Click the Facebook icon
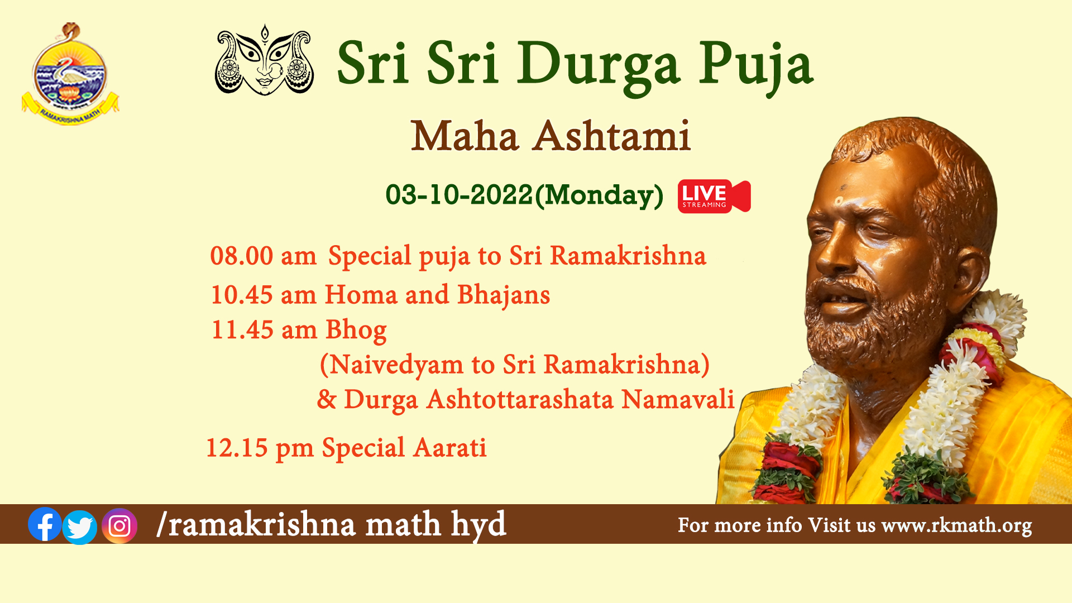pyautogui.click(x=45, y=524)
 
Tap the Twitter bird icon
pyautogui.click(x=80, y=527)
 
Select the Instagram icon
pyautogui.click(x=119, y=526)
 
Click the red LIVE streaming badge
pyautogui.click(x=714, y=196)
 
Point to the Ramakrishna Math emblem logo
pyautogui.click(x=70, y=74)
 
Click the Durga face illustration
pyautogui.click(x=264, y=60)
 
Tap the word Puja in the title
pyautogui.click(x=756, y=66)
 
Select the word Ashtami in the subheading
pyautogui.click(x=612, y=136)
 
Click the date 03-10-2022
pyautogui.click(x=460, y=195)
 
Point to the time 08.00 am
pyautogui.click(x=264, y=256)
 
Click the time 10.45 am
pyautogui.click(x=264, y=295)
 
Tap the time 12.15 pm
pyautogui.click(x=260, y=448)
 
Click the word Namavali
pyautogui.click(x=678, y=399)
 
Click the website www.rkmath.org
pyautogui.click(x=956, y=525)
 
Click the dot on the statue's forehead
pyautogui.click(x=839, y=201)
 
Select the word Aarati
pyautogui.click(x=451, y=448)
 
